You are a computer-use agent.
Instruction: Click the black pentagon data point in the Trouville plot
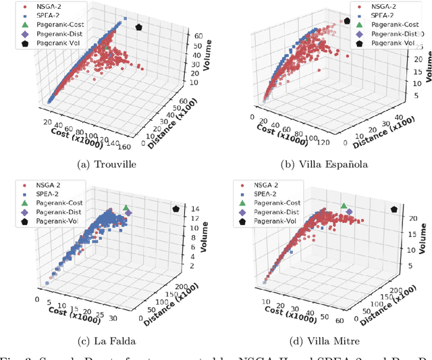[139, 27]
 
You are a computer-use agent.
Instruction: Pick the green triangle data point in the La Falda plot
[125, 207]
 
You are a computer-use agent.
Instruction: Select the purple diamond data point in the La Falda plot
[129, 213]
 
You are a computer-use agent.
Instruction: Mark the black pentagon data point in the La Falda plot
[177, 209]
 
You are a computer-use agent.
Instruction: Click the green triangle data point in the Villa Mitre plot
[344, 206]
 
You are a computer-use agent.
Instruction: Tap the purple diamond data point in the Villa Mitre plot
[349, 212]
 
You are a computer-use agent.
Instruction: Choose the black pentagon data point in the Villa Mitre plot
[394, 210]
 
